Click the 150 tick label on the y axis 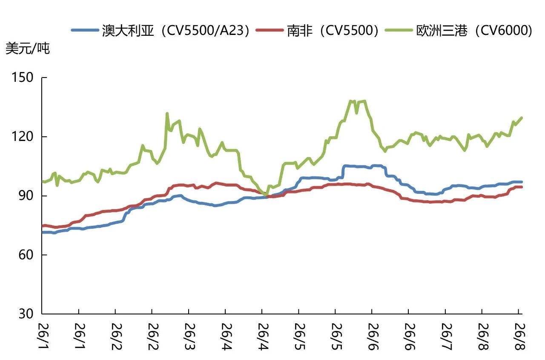23,78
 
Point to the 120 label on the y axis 23,137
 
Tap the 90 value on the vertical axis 26,196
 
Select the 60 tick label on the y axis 26,255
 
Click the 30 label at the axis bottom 26,314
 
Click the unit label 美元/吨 28,48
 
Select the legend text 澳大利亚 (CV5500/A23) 176,30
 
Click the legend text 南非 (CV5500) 333,30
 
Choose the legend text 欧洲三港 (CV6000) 474,30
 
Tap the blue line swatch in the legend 85,30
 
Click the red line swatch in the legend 270,30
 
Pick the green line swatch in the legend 399,30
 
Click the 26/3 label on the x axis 190,337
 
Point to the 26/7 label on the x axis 447,337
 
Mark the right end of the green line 522,118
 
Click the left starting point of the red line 43,226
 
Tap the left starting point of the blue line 43,233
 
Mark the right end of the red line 522,187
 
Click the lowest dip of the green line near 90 267,195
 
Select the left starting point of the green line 43,181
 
